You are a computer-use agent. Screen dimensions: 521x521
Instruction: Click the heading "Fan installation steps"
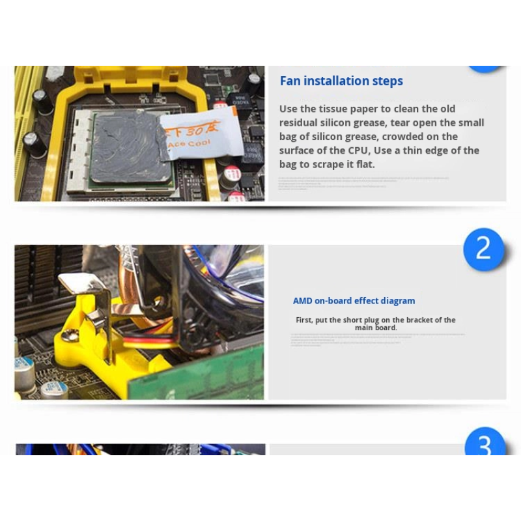click(x=341, y=81)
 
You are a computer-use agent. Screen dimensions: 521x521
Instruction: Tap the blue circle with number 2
click(x=483, y=249)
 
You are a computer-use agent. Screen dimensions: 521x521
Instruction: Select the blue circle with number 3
click(x=485, y=445)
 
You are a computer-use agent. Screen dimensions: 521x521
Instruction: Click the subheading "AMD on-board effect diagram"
click(x=354, y=301)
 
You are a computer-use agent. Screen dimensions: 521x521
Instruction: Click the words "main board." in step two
click(x=376, y=328)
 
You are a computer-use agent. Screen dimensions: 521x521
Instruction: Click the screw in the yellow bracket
click(x=70, y=335)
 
